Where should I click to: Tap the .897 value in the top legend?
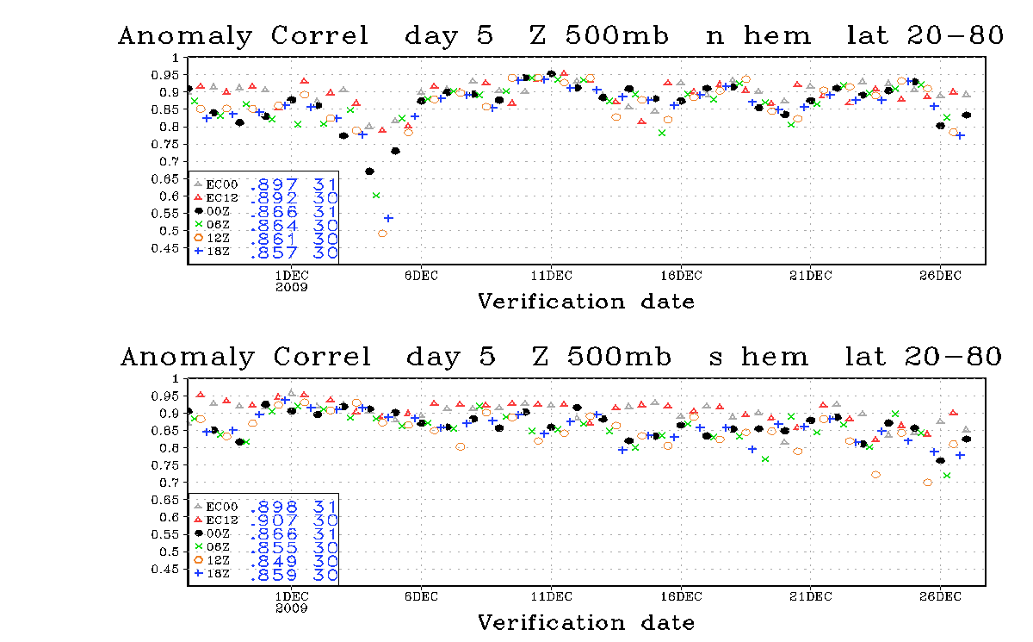[x=274, y=184]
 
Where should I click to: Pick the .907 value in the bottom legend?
[x=274, y=520]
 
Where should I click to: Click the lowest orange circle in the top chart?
[x=382, y=234]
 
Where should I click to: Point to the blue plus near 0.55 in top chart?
[x=389, y=218]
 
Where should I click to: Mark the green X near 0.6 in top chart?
[x=376, y=196]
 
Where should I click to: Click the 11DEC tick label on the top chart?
[x=551, y=276]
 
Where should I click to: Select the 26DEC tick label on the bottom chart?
[x=940, y=597]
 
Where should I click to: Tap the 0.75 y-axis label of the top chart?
[x=164, y=145]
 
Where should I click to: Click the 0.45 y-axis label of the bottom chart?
[x=164, y=569]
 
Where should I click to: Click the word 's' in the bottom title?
[x=715, y=358]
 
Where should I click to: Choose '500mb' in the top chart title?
[x=617, y=35]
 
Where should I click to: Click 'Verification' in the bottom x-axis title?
[x=551, y=623]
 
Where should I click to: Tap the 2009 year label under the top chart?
[x=292, y=287]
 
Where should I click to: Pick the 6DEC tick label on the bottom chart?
[x=421, y=597]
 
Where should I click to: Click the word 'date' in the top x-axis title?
[x=667, y=302]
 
